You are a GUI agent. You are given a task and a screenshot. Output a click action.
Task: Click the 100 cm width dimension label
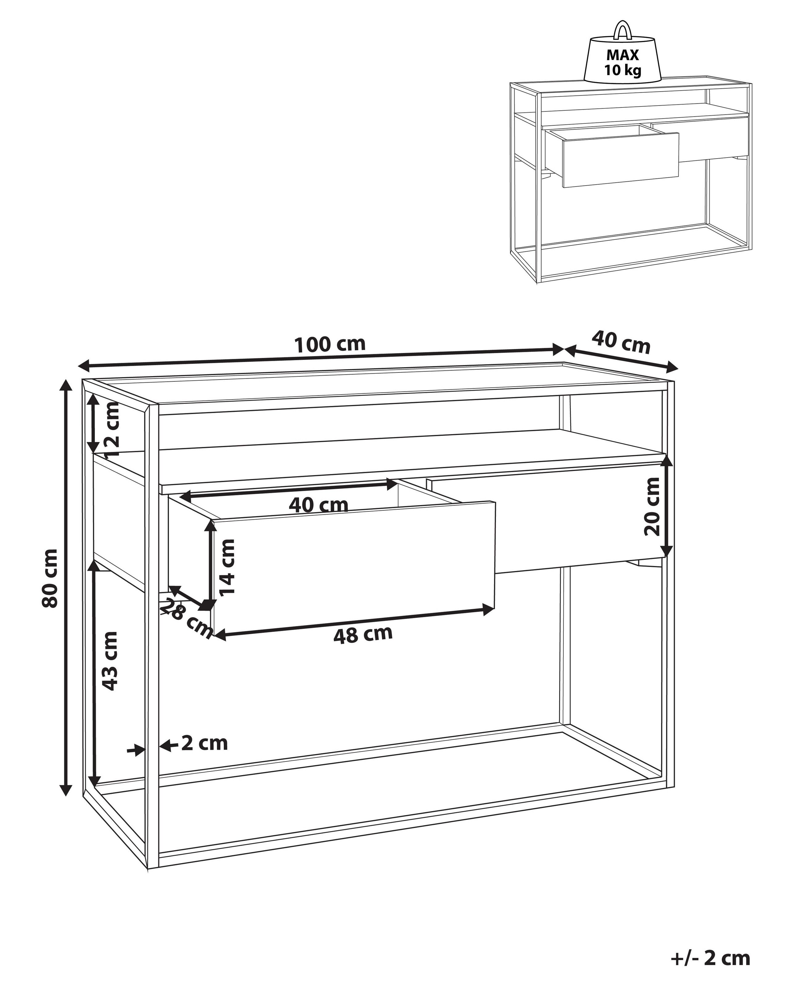(330, 344)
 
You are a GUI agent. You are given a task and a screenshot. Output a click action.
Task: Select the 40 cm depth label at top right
(621, 343)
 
